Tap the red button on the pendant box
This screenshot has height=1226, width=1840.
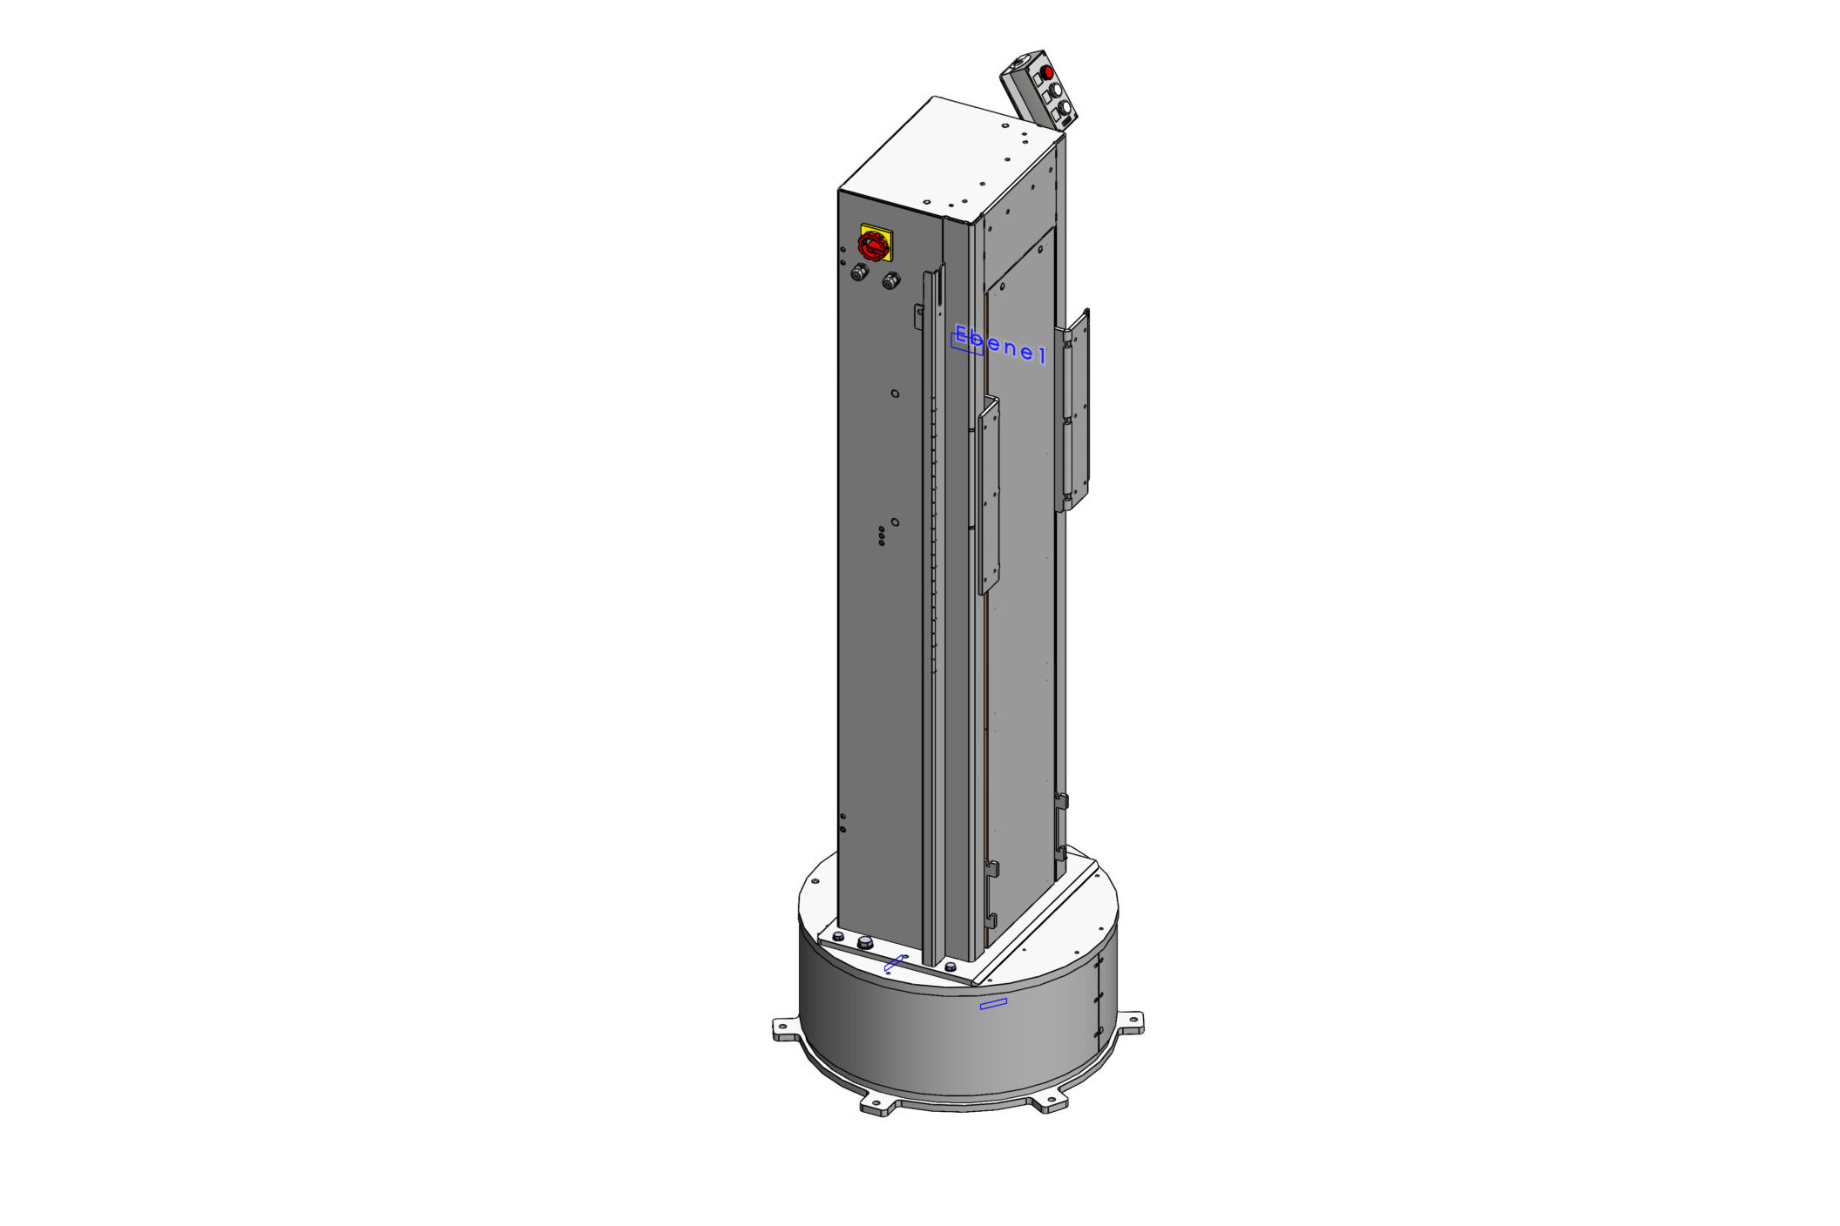click(1048, 71)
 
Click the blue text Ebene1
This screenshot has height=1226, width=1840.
click(999, 344)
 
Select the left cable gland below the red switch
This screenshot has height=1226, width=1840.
click(860, 273)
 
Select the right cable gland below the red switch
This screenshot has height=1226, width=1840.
click(890, 280)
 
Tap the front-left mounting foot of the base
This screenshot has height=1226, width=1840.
click(876, 1104)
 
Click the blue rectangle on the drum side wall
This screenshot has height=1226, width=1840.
click(993, 1004)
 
